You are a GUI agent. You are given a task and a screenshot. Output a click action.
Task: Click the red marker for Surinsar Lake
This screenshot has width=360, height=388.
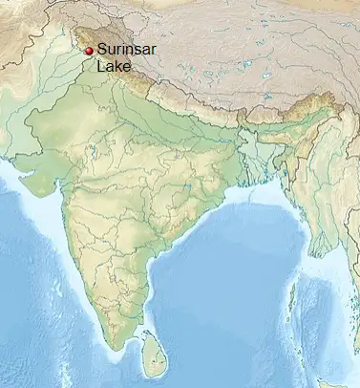[89, 51]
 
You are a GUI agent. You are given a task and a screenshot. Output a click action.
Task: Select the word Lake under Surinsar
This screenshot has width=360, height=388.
[112, 67]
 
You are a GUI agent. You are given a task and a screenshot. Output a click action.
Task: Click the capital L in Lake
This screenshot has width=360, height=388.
[100, 67]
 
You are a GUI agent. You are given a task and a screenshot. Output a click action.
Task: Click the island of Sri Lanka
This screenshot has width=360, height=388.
[149, 350]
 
